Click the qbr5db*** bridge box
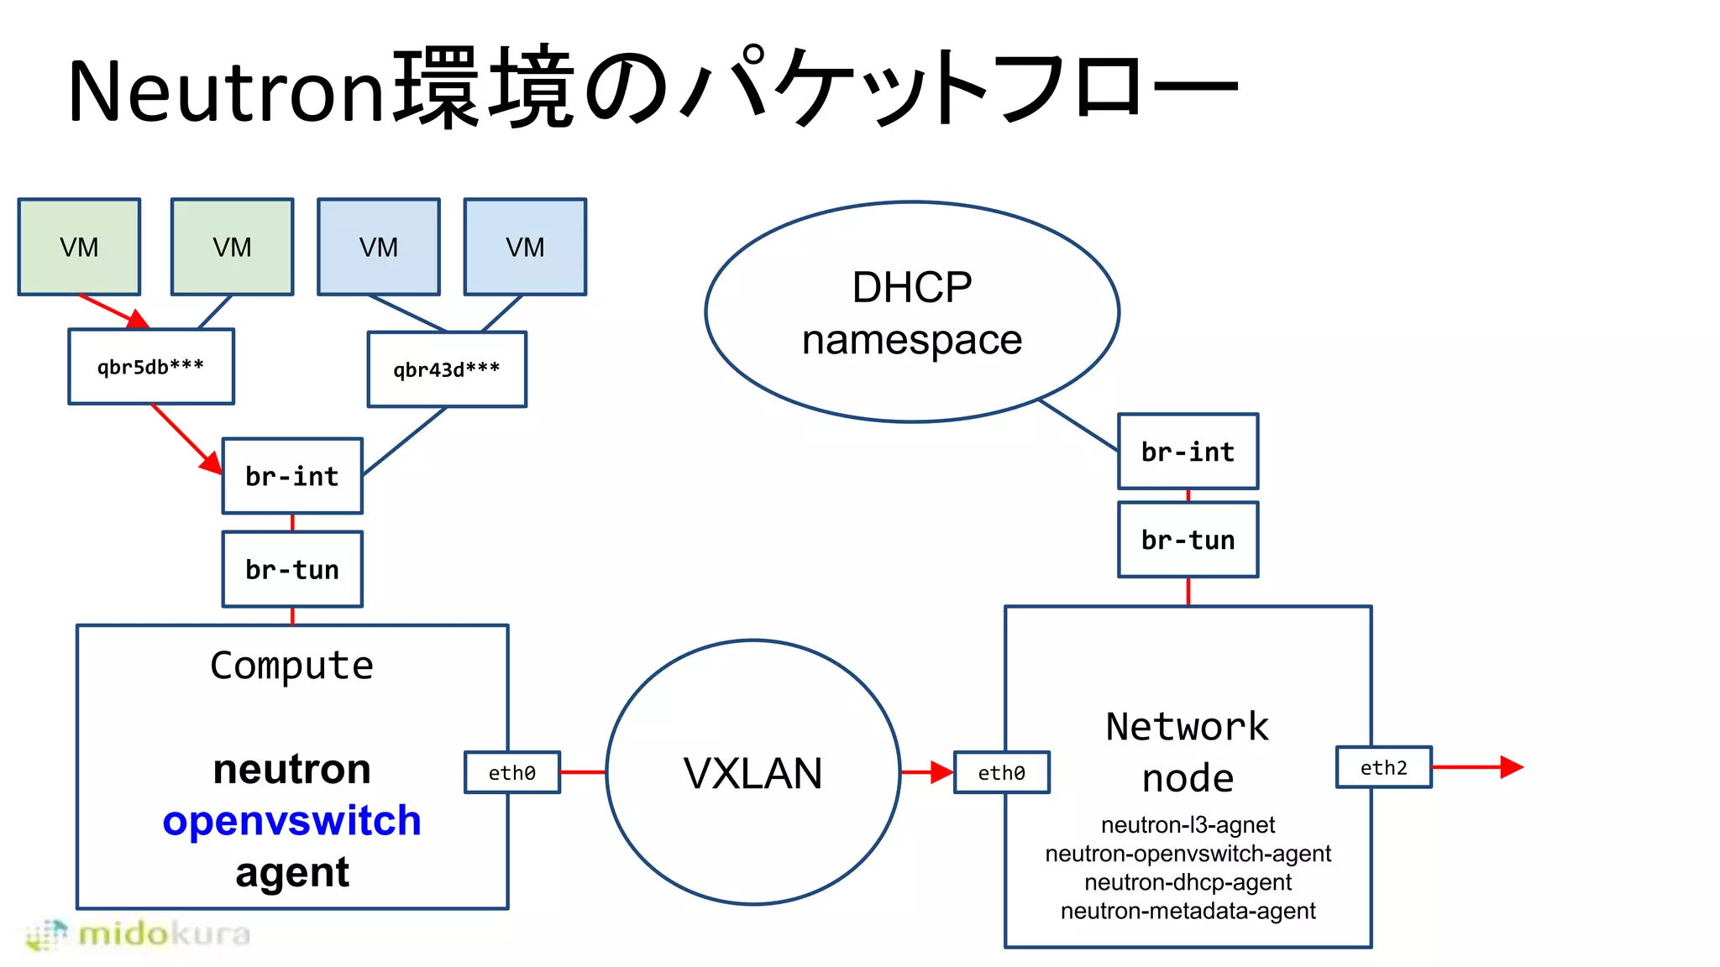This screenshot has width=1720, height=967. click(x=151, y=367)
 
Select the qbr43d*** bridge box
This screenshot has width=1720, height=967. click(x=447, y=369)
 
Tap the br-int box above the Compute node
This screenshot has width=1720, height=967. click(x=292, y=476)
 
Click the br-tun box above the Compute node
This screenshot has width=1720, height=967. click(x=292, y=569)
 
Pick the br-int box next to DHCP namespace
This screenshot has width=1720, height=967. click(x=1188, y=452)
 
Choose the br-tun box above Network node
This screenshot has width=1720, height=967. click(x=1188, y=540)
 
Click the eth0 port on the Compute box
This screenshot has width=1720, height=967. click(x=512, y=772)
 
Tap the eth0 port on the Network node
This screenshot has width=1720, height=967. click(x=1001, y=772)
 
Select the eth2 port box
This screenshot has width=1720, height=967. click(x=1383, y=767)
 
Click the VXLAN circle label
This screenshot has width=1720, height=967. click(x=752, y=773)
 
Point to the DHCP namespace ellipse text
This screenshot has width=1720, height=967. click(x=912, y=313)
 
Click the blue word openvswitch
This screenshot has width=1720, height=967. click(x=291, y=820)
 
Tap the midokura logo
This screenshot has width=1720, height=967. click(x=139, y=934)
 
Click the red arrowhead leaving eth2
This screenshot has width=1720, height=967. click(x=1511, y=767)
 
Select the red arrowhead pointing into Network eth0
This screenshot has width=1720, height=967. click(x=941, y=772)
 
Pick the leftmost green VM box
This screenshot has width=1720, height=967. click(x=79, y=247)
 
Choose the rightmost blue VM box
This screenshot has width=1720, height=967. click(x=525, y=247)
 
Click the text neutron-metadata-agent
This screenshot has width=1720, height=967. click(x=1188, y=911)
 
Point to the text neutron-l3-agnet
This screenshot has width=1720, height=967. click(x=1188, y=825)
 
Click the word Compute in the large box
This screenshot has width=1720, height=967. click(x=291, y=666)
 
